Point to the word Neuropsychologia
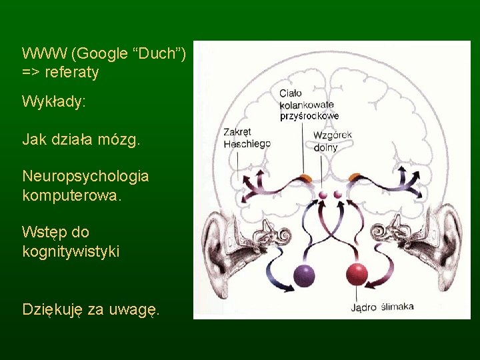[85, 177]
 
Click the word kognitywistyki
[71, 251]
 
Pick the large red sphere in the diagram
[357, 274]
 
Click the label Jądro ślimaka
[382, 307]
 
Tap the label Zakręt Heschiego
[246, 137]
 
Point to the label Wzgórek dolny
[332, 141]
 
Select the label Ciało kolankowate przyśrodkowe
[309, 105]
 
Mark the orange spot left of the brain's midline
[305, 177]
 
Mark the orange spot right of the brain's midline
[355, 177]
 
